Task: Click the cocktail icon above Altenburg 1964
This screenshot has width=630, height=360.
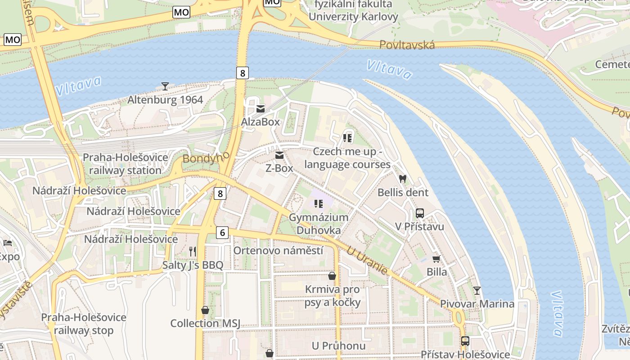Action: click(165, 86)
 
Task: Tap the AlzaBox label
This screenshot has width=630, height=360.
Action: click(260, 122)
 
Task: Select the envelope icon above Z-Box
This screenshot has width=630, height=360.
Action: click(279, 156)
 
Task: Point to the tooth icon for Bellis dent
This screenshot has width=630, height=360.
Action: click(403, 179)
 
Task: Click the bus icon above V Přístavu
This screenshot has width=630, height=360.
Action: click(420, 213)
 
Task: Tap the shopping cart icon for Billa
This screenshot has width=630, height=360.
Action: click(436, 259)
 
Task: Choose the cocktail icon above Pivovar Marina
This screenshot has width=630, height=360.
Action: click(477, 290)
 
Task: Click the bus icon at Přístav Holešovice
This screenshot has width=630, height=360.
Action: click(465, 341)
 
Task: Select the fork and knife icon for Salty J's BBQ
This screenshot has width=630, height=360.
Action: click(193, 252)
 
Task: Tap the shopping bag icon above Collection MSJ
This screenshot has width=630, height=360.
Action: click(205, 310)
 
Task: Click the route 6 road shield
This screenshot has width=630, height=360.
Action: click(222, 233)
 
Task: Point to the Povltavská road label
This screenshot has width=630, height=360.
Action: click(407, 45)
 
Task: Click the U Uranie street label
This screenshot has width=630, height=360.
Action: click(367, 261)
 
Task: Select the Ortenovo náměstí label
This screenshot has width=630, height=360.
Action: click(278, 250)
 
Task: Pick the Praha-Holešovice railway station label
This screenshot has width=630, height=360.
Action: click(125, 164)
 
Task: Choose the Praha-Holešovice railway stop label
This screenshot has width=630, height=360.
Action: click(84, 324)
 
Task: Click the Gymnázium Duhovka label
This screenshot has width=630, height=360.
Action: click(319, 224)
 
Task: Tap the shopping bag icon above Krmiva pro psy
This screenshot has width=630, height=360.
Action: click(332, 276)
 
